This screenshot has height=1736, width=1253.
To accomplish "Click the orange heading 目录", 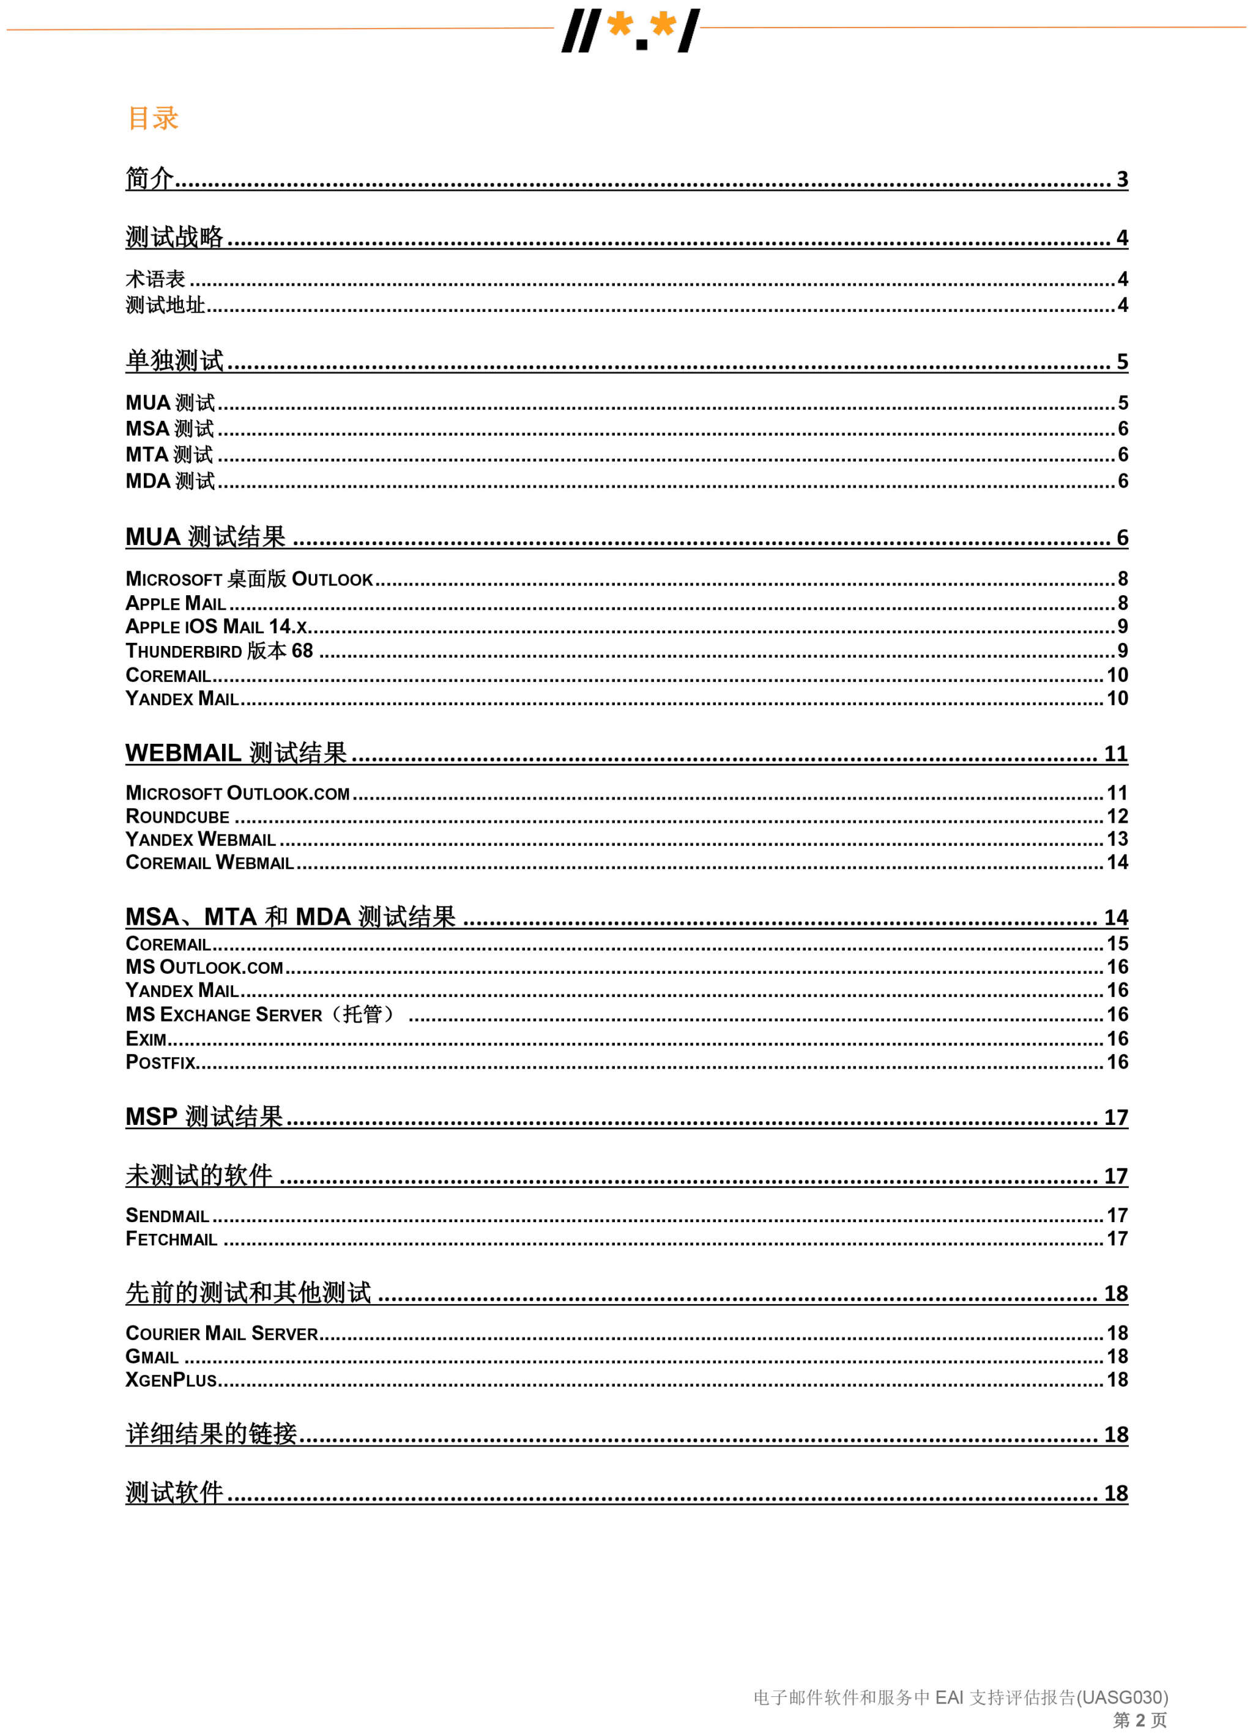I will pyautogui.click(x=152, y=118).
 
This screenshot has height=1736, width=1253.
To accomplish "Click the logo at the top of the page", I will pyautogui.click(x=630, y=31).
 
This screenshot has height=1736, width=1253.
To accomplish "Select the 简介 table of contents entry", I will pyautogui.click(x=150, y=179).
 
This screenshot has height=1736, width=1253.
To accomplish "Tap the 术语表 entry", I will pyautogui.click(x=155, y=278).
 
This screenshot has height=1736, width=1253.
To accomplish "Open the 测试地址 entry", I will pyautogui.click(x=165, y=305).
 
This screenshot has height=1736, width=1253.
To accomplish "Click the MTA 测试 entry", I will pyautogui.click(x=169, y=454).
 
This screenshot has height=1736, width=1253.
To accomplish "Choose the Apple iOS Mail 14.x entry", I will pyautogui.click(x=217, y=627).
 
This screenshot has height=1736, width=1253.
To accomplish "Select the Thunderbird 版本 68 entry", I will pyautogui.click(x=219, y=651).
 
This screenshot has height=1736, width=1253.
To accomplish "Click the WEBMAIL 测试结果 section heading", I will pyautogui.click(x=236, y=753).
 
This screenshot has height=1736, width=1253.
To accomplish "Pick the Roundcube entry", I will pyautogui.click(x=177, y=817).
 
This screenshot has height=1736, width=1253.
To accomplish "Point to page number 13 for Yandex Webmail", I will pyautogui.click(x=1117, y=840).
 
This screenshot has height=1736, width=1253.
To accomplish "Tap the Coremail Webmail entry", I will pyautogui.click(x=209, y=862).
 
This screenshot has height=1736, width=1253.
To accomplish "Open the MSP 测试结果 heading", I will pyautogui.click(x=204, y=1118).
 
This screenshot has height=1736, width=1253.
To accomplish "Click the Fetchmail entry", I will pyautogui.click(x=171, y=1239).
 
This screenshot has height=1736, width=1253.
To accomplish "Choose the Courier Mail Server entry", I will pyautogui.click(x=221, y=1334).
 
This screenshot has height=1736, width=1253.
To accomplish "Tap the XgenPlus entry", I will pyautogui.click(x=171, y=1381).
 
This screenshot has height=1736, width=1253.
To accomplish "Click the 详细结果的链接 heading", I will pyautogui.click(x=211, y=1434).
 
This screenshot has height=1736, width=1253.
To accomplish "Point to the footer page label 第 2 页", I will pyautogui.click(x=1139, y=1720).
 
